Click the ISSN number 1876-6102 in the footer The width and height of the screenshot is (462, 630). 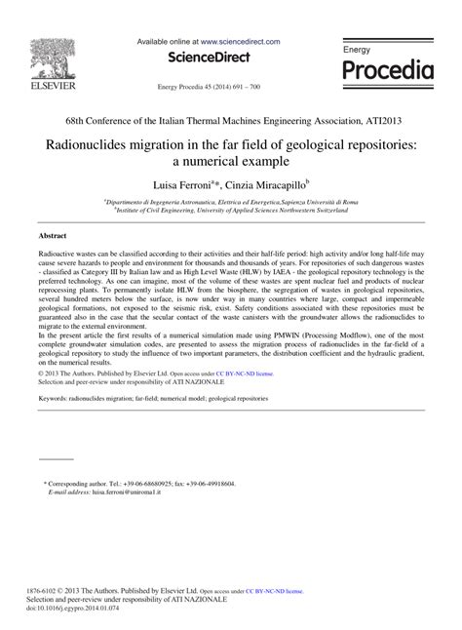click(57, 591)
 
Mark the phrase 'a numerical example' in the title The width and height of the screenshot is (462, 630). click(230, 161)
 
